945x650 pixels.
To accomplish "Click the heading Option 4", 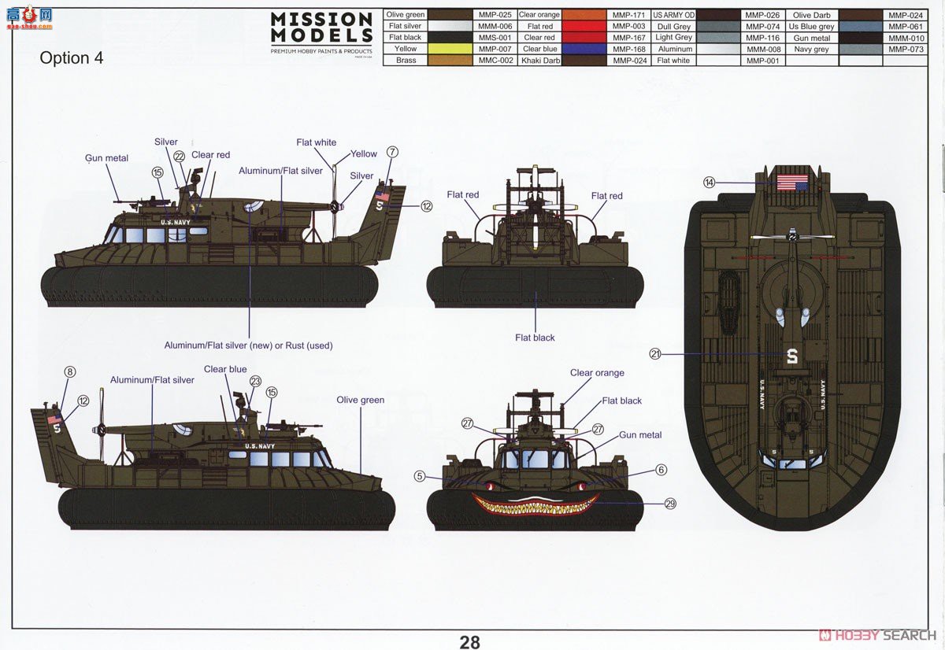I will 71,58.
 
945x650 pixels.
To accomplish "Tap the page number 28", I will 469,641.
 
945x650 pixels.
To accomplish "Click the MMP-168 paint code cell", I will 629,49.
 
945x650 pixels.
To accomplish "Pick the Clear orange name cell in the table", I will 539,15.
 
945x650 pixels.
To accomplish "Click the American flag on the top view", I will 791,184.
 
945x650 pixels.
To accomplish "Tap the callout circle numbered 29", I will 670,504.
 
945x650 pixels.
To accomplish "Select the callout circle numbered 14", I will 710,183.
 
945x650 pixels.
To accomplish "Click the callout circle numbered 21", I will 655,354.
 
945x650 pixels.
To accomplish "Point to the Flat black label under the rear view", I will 535,338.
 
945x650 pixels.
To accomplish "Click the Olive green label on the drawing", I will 361,400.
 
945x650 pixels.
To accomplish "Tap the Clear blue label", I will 225,369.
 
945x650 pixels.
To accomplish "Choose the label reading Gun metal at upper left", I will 106,158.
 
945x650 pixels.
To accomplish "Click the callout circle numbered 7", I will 392,152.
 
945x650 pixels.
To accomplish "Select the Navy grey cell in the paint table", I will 811,49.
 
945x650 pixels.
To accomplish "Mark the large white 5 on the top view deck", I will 791,356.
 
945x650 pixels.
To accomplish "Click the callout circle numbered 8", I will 70,372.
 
